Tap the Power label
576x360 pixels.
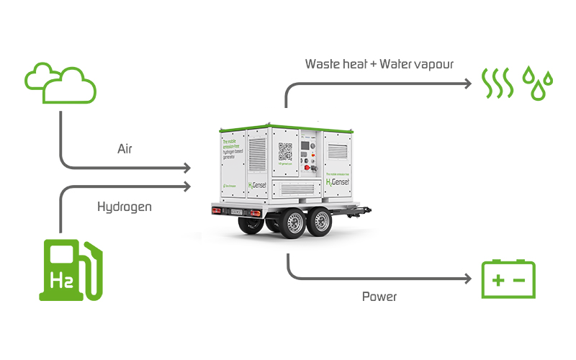click(x=379, y=296)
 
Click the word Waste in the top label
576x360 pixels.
click(x=323, y=63)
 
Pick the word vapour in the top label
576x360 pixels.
click(x=433, y=64)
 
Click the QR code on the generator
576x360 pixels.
click(x=286, y=152)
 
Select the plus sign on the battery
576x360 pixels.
click(x=497, y=281)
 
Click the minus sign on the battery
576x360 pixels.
click(x=521, y=281)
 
